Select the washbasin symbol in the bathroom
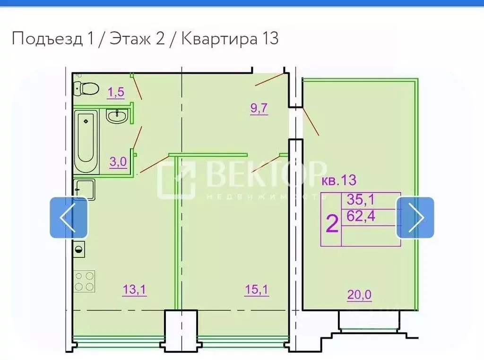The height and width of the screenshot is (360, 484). [x=117, y=116]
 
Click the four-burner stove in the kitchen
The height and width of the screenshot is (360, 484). [x=84, y=282]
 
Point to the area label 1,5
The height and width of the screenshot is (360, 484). [x=116, y=93]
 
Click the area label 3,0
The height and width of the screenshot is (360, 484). [x=118, y=162]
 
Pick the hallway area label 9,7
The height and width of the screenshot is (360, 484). [x=259, y=109]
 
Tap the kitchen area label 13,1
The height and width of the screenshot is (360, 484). [x=134, y=290]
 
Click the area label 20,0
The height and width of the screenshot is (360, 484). [x=359, y=295]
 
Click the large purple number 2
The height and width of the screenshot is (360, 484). [x=332, y=223]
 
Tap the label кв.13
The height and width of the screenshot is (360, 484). [x=338, y=180]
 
